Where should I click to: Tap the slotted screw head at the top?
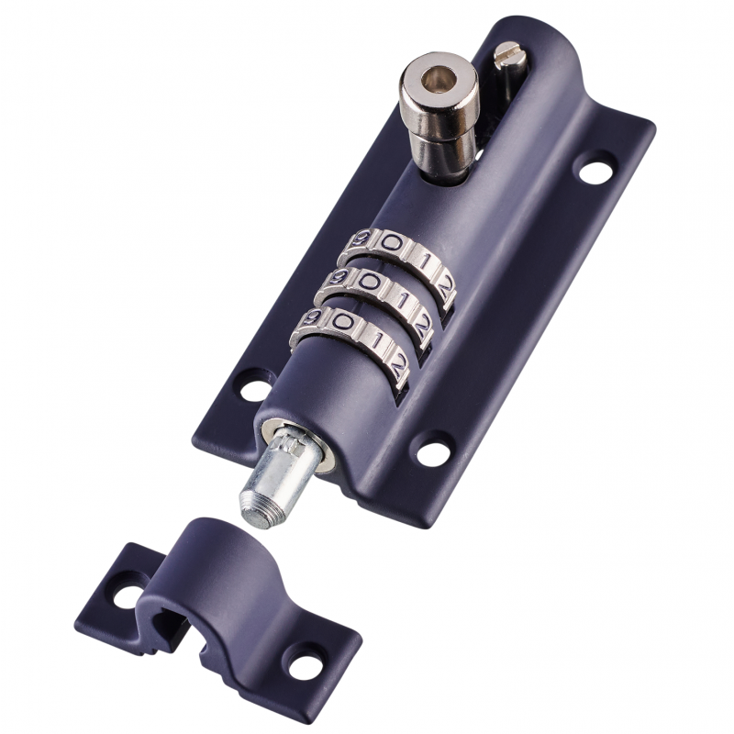[509, 52]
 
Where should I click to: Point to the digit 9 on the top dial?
[359, 238]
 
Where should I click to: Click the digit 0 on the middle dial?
[369, 282]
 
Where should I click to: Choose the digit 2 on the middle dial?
[423, 326]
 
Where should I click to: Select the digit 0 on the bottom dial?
[345, 321]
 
